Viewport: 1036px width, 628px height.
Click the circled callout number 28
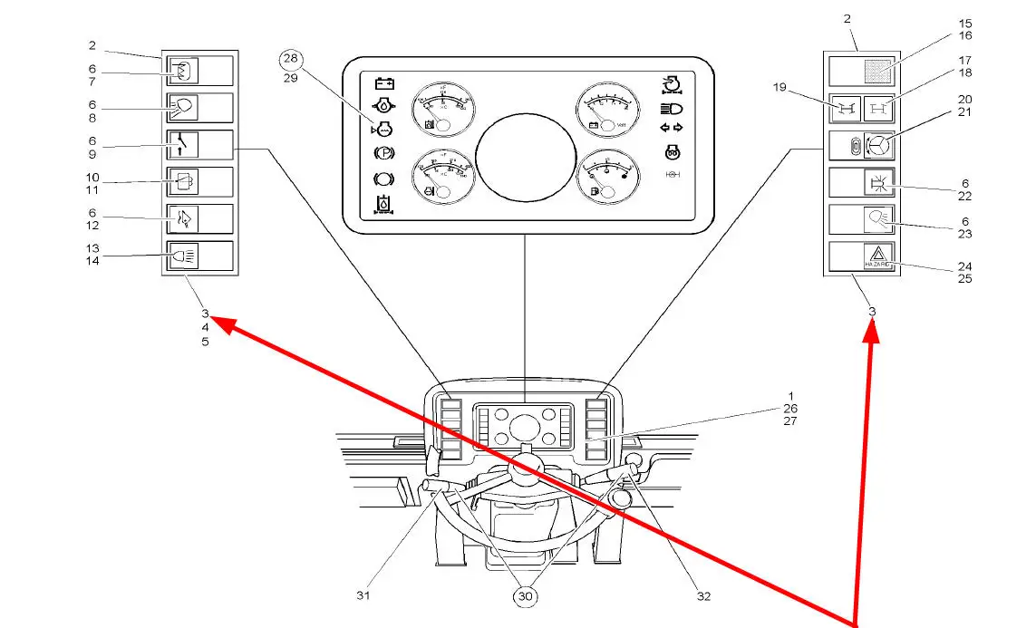click(x=291, y=59)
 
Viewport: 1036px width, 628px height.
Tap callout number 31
click(x=363, y=595)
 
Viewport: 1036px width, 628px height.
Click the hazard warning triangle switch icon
click(x=879, y=257)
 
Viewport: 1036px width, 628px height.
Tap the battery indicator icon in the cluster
click(x=384, y=83)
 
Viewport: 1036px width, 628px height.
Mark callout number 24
click(x=940, y=267)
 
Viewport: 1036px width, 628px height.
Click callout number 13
click(x=92, y=247)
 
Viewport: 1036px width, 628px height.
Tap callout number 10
click(x=92, y=177)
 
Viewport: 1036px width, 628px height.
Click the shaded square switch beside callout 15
click(x=879, y=71)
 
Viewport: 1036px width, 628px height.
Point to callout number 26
click(x=791, y=408)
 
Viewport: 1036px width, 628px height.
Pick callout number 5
click(x=206, y=342)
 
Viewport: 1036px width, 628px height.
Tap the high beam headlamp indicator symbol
click(x=672, y=108)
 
